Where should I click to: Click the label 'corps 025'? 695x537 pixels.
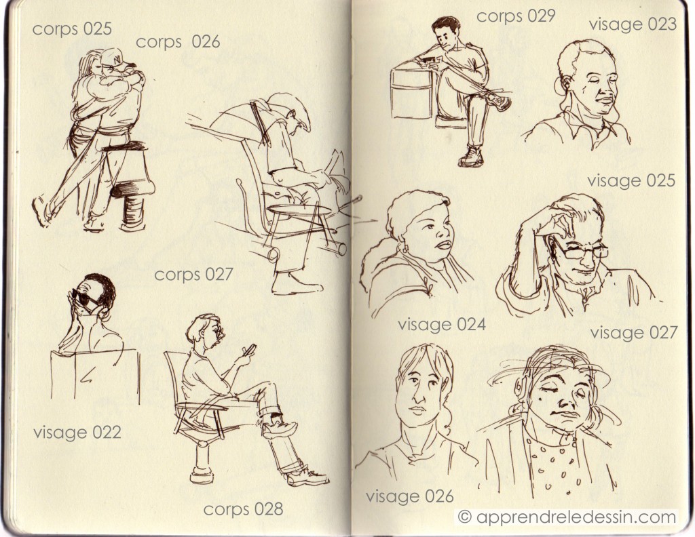pyautogui.click(x=72, y=29)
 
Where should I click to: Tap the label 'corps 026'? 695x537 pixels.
pyautogui.click(x=179, y=42)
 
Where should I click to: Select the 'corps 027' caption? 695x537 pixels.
pyautogui.click(x=193, y=275)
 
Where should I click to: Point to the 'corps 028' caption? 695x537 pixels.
pyautogui.click(x=244, y=510)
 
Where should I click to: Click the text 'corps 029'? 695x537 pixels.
pyautogui.click(x=516, y=16)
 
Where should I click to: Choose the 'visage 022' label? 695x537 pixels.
pyautogui.click(x=77, y=432)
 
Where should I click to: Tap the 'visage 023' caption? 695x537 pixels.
pyautogui.click(x=633, y=24)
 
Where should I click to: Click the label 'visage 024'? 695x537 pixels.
pyautogui.click(x=441, y=325)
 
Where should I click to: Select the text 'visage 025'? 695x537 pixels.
pyautogui.click(x=631, y=180)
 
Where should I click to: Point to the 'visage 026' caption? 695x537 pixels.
pyautogui.click(x=409, y=496)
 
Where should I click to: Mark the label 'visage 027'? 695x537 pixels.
pyautogui.click(x=634, y=332)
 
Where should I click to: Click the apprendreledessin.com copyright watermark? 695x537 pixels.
pyautogui.click(x=567, y=517)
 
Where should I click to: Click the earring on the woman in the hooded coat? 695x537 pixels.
pyautogui.click(x=405, y=248)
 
